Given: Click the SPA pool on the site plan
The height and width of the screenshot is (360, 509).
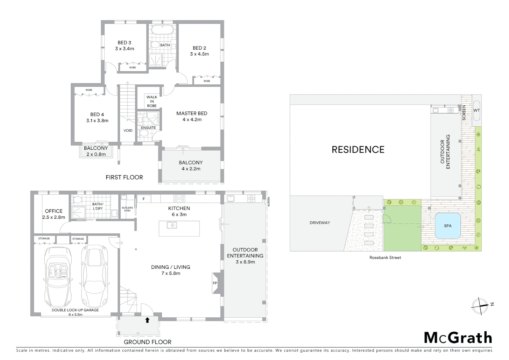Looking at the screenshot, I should [x=448, y=226].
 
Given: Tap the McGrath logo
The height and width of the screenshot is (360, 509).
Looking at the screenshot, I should [x=458, y=338].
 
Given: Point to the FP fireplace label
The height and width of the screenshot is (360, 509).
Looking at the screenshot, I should [x=215, y=283].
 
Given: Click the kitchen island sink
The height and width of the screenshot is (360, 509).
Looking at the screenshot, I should [x=172, y=226].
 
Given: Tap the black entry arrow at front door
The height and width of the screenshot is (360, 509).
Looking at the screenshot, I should [x=147, y=320].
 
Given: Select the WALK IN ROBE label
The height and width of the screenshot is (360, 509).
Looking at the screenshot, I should [x=152, y=101].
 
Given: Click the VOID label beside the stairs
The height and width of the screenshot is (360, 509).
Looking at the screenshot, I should [x=128, y=130].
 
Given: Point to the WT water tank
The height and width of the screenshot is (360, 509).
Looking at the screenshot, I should [x=476, y=110].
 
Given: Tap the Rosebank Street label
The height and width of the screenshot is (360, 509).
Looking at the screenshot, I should [x=385, y=257].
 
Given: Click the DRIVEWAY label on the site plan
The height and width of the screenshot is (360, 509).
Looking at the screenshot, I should [x=319, y=223].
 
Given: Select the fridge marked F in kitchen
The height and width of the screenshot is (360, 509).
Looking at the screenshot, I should [x=144, y=199].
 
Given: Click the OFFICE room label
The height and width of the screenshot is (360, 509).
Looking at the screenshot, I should [x=54, y=211].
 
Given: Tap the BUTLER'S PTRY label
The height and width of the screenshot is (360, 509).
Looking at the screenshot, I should [x=127, y=209].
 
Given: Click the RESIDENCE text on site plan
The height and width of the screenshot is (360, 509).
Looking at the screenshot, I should [x=358, y=150].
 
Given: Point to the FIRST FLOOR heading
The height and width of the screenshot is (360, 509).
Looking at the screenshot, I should [x=124, y=177].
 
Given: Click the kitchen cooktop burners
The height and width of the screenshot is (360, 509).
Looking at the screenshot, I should [x=179, y=199].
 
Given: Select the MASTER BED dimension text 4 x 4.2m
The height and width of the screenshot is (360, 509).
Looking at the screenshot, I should [x=192, y=119].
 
